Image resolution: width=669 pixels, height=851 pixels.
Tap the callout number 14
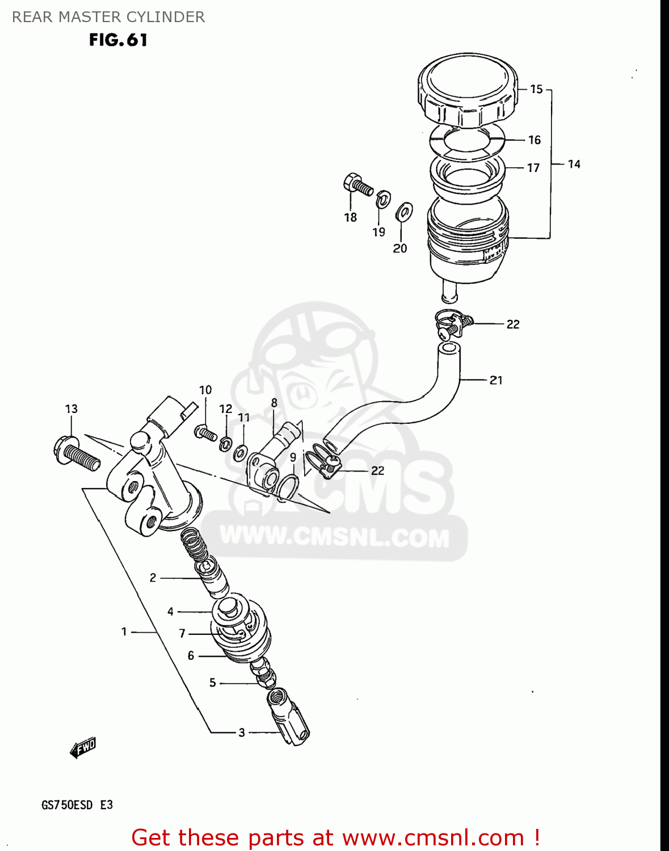pos(574,164)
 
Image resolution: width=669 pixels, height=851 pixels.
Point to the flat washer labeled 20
pos(404,212)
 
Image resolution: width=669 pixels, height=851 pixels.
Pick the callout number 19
pos(378,231)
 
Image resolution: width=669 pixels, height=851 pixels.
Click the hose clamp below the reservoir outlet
pos(452,325)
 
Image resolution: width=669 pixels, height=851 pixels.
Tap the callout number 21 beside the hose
pos(496,380)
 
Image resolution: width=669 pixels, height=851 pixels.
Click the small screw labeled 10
pos(205,433)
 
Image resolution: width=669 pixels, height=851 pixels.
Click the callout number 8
pos(274,403)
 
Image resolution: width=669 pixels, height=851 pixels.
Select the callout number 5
pos(213,683)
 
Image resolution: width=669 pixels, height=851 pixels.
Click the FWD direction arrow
pos(83,748)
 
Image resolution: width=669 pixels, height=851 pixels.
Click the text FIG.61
pos(118,40)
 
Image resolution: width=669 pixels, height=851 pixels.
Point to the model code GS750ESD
pos(66,805)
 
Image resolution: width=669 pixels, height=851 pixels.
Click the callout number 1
pos(124,631)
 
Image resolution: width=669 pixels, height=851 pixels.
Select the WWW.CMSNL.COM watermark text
pos(334,537)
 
